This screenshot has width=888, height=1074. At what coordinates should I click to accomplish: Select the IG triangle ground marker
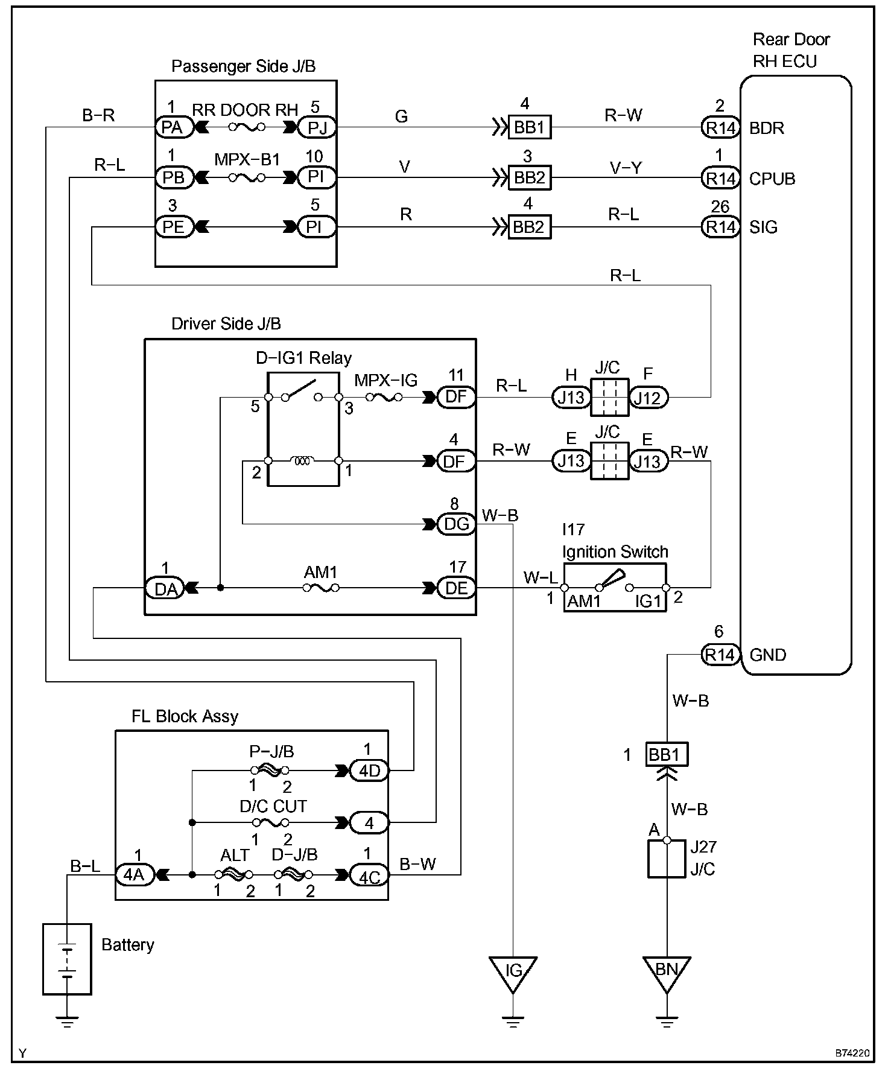(513, 974)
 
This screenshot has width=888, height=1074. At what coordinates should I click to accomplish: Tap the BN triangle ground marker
(667, 974)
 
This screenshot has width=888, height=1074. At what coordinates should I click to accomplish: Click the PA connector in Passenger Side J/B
(173, 127)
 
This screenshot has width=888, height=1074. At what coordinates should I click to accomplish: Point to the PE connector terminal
(173, 227)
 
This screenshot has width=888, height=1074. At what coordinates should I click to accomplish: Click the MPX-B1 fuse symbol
(246, 177)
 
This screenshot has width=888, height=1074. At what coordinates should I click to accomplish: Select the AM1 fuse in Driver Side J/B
(320, 587)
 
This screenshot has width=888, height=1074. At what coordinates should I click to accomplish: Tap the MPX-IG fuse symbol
(384, 397)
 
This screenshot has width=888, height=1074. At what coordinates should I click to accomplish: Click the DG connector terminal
(456, 524)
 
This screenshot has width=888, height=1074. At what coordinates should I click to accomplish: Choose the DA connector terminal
(164, 588)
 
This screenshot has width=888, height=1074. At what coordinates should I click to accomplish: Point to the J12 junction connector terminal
(649, 397)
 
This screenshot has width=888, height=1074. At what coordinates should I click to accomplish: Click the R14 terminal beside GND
(720, 654)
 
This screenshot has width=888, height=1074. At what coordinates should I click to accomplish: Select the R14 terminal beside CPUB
(720, 178)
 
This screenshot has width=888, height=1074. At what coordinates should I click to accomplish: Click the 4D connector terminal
(369, 771)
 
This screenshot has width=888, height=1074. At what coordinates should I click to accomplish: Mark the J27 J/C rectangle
(667, 858)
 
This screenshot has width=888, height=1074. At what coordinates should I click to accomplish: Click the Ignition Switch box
(615, 588)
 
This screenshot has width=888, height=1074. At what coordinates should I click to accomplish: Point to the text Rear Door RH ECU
(791, 51)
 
